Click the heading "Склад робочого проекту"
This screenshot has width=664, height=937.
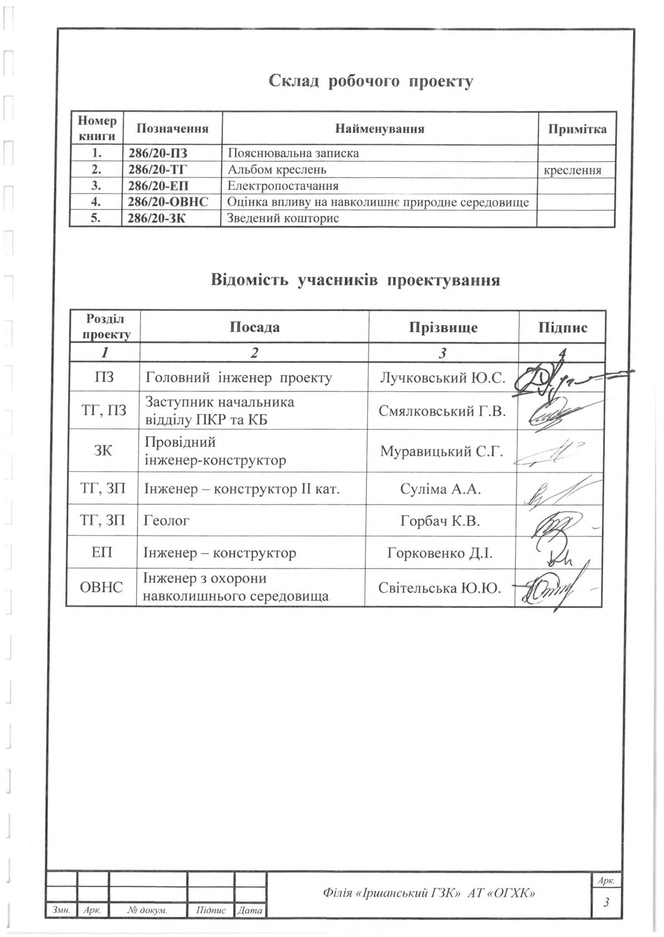tap(371, 82)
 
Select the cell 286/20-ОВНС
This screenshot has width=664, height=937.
tap(168, 202)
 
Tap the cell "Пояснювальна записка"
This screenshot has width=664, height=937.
tap(293, 153)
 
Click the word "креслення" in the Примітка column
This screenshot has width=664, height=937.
tap(572, 170)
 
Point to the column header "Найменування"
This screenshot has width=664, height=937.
tap(379, 129)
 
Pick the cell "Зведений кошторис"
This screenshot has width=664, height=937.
tap(283, 218)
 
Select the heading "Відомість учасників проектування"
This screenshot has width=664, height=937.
tap(355, 280)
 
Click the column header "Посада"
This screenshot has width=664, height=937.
tap(255, 327)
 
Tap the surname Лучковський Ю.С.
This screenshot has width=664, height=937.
tap(442, 378)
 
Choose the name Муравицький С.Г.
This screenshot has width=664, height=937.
tap(442, 451)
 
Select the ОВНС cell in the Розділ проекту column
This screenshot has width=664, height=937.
tap(102, 587)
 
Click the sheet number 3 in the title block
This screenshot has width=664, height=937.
tap(606, 903)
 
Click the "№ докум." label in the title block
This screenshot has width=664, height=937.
tap(148, 911)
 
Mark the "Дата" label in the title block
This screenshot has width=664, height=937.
tap(250, 911)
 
